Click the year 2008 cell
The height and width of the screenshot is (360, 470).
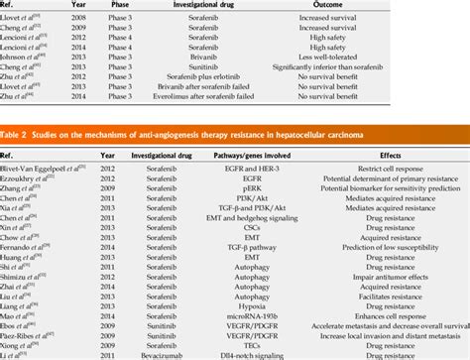point(101,19)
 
